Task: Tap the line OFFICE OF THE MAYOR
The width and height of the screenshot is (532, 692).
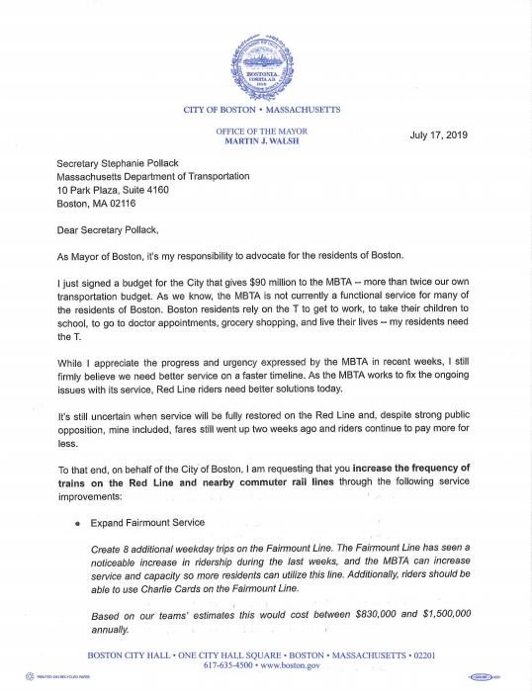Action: click(262, 131)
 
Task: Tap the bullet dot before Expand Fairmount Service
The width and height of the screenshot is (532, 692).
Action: click(64, 523)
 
